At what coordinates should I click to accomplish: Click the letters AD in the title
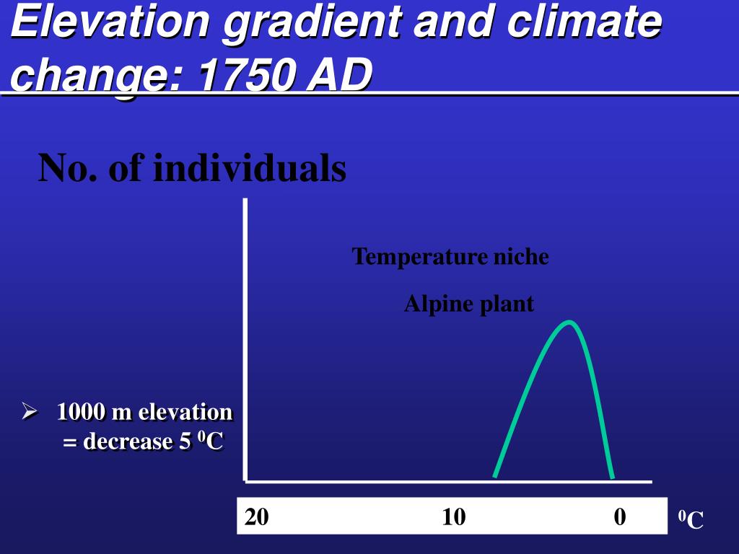(x=339, y=74)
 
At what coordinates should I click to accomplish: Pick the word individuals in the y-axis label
(x=250, y=167)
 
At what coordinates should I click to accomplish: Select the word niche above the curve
(x=521, y=256)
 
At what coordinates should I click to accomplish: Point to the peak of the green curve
(x=569, y=322)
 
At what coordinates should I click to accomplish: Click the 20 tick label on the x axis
(x=256, y=516)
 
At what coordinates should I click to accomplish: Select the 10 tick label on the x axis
(x=453, y=516)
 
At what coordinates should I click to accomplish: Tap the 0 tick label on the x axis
(x=620, y=516)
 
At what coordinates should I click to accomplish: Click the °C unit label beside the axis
(x=691, y=519)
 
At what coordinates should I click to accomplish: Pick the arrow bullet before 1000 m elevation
(x=29, y=411)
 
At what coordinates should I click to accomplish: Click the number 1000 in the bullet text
(x=81, y=411)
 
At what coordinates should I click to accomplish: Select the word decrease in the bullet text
(x=128, y=441)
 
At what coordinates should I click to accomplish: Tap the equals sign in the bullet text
(x=70, y=443)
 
